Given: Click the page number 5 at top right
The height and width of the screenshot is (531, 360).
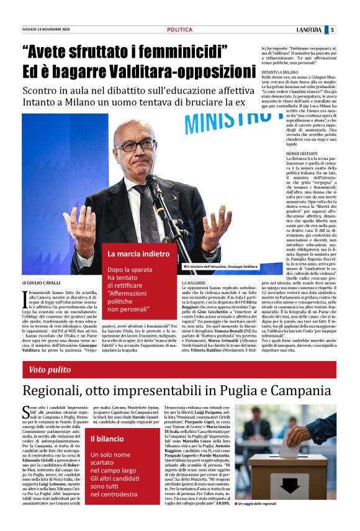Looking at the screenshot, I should coord(332,29).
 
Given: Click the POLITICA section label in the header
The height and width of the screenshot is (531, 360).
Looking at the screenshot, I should coord(179,30).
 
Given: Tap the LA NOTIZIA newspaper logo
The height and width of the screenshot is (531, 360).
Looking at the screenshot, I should coord(309,30).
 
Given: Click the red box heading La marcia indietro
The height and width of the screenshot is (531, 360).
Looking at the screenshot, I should coord(138,254).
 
